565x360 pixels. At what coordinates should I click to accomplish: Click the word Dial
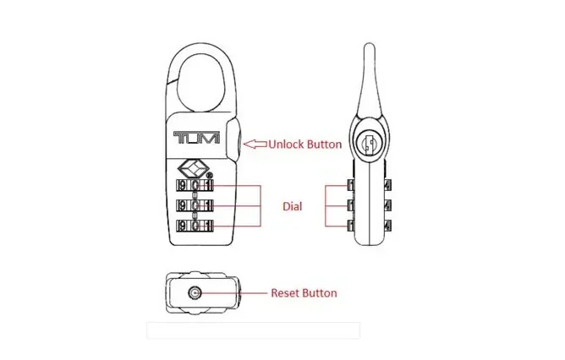click(x=293, y=205)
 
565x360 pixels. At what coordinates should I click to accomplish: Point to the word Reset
click(x=286, y=293)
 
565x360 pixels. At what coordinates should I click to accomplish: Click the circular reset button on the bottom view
click(x=196, y=293)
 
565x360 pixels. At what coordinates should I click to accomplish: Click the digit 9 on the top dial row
click(x=180, y=185)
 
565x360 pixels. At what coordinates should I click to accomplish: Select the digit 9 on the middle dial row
click(x=180, y=205)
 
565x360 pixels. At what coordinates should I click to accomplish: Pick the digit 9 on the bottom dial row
click(x=180, y=226)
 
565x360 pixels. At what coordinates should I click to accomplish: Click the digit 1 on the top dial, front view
click(x=210, y=185)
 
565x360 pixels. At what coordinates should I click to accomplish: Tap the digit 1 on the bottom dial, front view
click(x=210, y=226)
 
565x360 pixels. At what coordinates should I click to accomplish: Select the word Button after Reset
click(x=321, y=293)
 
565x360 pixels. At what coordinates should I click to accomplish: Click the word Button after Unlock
click(x=324, y=145)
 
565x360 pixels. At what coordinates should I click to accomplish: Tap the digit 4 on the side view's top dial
click(x=387, y=185)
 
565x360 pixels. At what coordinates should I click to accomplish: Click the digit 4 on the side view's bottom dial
click(x=387, y=226)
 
